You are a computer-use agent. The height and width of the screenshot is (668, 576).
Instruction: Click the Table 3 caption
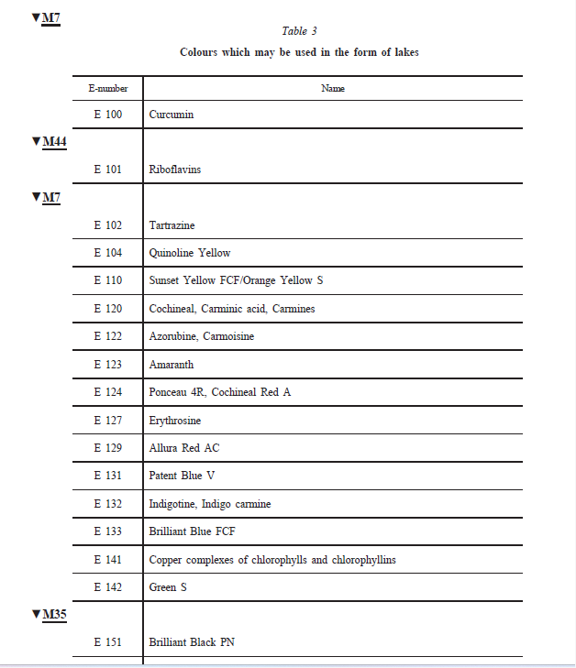[299, 31]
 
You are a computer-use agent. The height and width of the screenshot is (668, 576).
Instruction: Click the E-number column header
[107, 89]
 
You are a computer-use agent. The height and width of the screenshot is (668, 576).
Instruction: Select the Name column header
[332, 89]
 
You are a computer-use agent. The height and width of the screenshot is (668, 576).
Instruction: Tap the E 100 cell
[107, 115]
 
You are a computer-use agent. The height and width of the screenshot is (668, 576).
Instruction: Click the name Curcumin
[172, 115]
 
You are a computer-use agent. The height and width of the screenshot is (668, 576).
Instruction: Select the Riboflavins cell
[175, 170]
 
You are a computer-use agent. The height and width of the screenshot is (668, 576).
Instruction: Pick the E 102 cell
[107, 225]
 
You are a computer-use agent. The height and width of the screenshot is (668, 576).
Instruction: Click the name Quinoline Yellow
[190, 253]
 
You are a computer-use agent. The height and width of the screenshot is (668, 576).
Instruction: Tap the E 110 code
[107, 280]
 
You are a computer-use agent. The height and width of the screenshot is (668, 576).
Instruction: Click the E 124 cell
[107, 392]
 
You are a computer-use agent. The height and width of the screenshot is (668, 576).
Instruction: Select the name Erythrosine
[175, 421]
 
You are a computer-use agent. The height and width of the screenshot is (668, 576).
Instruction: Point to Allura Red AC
[184, 448]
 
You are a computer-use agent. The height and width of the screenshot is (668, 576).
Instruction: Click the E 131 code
[107, 476]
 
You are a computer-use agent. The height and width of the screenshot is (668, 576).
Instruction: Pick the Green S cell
[168, 587]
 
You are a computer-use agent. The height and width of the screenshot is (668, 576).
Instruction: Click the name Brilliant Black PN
[192, 642]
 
